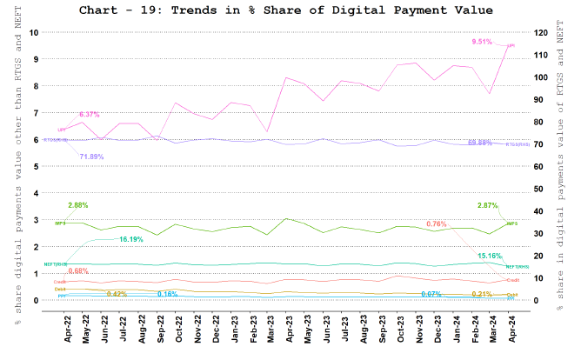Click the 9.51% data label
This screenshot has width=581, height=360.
[482, 42]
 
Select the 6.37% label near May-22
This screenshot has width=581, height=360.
[90, 114]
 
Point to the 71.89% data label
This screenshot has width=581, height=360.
[91, 157]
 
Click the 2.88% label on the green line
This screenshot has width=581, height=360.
[79, 205]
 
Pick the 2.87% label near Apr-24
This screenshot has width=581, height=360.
[487, 205]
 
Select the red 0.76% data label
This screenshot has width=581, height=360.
[437, 223]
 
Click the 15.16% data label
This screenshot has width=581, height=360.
[491, 256]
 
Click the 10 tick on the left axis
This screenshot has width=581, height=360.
[34, 32]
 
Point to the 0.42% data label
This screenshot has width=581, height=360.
[117, 294]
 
